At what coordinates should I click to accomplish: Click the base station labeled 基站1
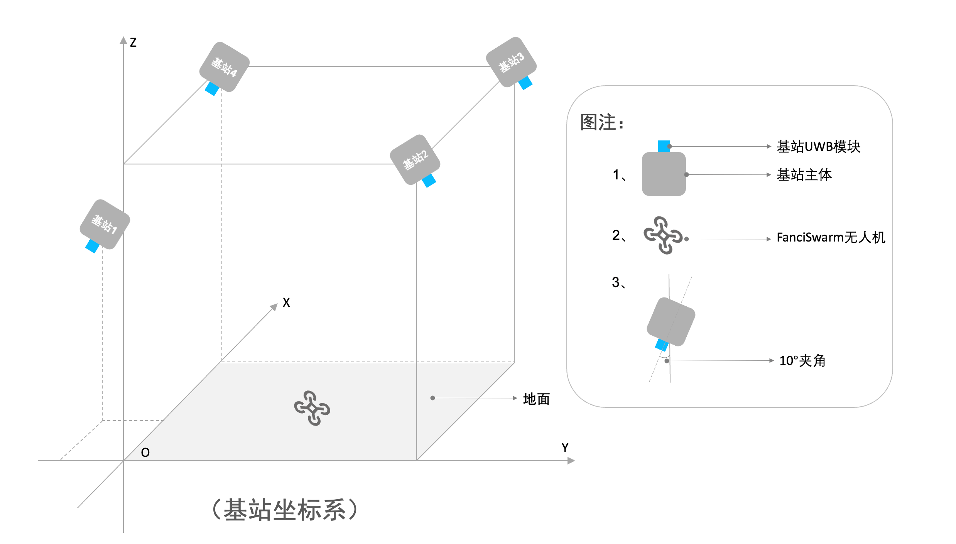(x=105, y=224)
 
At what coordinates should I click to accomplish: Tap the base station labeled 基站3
(x=511, y=62)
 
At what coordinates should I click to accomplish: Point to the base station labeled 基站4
(x=224, y=67)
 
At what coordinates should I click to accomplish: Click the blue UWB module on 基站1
(x=93, y=246)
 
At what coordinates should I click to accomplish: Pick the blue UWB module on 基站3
(x=525, y=83)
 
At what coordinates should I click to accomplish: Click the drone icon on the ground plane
(x=312, y=408)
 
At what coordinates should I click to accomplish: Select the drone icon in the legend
(x=663, y=235)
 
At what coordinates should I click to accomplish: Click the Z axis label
(x=133, y=42)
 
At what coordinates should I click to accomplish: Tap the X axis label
(x=286, y=302)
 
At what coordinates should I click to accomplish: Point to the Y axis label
(x=565, y=448)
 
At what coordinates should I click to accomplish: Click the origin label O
(x=145, y=453)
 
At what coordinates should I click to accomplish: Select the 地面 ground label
(x=536, y=399)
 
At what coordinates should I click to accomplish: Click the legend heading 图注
(x=601, y=122)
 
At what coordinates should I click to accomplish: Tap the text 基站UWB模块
(x=818, y=147)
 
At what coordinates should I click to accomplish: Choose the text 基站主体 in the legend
(x=804, y=175)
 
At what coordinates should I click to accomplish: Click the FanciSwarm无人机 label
(x=831, y=237)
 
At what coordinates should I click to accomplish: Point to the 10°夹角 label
(x=802, y=361)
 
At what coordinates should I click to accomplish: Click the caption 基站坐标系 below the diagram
(x=285, y=510)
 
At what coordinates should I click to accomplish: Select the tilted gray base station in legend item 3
(x=671, y=321)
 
